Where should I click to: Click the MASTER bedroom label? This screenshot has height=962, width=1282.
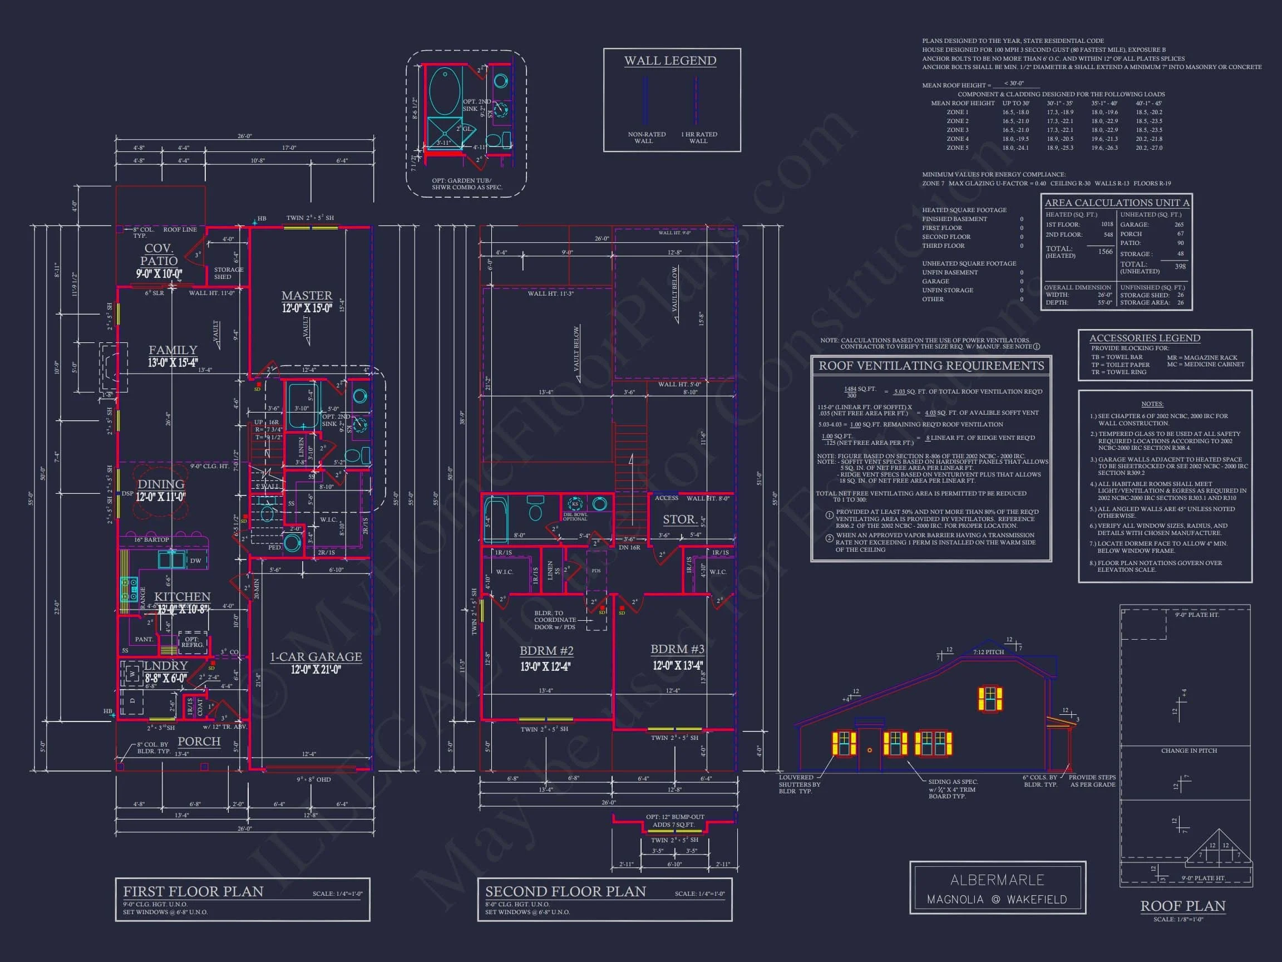click(307, 296)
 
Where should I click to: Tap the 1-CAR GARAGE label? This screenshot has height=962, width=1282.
click(316, 656)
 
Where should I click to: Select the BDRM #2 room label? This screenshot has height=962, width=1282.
click(546, 651)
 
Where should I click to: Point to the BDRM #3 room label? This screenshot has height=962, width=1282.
click(677, 649)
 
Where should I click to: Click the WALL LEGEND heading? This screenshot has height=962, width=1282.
click(670, 61)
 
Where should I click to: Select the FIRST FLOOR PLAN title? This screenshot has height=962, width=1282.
click(193, 891)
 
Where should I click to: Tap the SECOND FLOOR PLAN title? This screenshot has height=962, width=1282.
click(565, 891)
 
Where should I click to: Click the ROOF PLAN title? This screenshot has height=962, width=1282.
click(1182, 906)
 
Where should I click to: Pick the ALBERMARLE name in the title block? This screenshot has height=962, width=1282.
click(997, 880)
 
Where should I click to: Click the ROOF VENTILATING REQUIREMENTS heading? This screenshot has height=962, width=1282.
click(931, 366)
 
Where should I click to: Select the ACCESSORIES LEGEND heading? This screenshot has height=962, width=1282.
click(1144, 338)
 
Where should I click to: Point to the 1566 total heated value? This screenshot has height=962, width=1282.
click(1105, 252)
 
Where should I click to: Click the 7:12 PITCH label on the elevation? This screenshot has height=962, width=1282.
click(988, 652)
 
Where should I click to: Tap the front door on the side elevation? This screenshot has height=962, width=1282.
click(869, 749)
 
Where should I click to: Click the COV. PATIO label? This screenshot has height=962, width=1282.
click(158, 254)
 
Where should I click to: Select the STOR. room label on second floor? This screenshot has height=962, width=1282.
click(679, 519)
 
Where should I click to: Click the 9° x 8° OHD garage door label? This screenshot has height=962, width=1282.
click(314, 779)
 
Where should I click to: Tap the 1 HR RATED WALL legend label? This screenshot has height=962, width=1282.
click(698, 138)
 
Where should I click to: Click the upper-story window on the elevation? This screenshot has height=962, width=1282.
click(990, 698)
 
